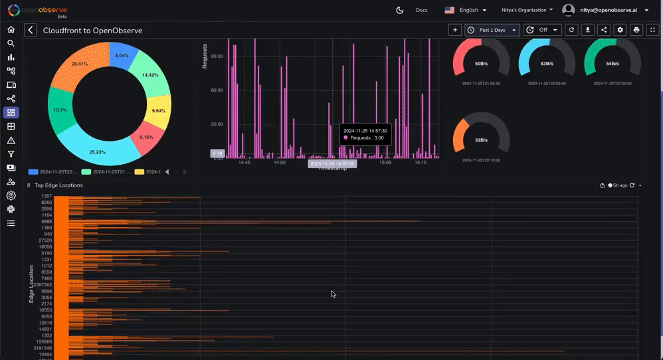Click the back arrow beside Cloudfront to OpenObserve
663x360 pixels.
click(31, 31)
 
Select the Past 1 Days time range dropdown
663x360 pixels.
click(492, 30)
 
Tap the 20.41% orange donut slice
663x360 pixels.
click(76, 66)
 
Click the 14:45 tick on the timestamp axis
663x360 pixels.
click(244, 162)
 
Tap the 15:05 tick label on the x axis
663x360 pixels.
click(385, 162)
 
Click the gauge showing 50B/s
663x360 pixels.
click(481, 63)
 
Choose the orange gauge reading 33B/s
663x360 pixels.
click(481, 140)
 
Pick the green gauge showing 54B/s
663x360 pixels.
click(612, 63)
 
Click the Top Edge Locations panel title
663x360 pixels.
click(58, 185)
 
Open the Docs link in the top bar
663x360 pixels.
click(421, 10)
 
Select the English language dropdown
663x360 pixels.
click(466, 10)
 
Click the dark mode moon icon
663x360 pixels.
click(400, 10)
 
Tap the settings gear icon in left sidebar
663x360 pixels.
click(11, 195)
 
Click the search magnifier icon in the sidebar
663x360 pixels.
click(11, 43)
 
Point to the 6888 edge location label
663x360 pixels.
click(47, 222)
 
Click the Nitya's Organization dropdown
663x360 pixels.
click(527, 10)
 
